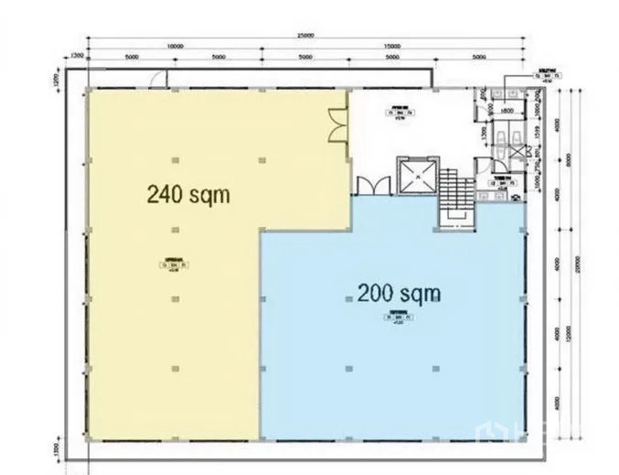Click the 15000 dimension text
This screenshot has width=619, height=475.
[x=392, y=46]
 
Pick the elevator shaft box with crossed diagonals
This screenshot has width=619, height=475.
[x=412, y=176]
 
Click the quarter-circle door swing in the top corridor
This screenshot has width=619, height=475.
[x=159, y=80]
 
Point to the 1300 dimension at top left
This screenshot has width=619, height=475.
[x=77, y=57]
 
